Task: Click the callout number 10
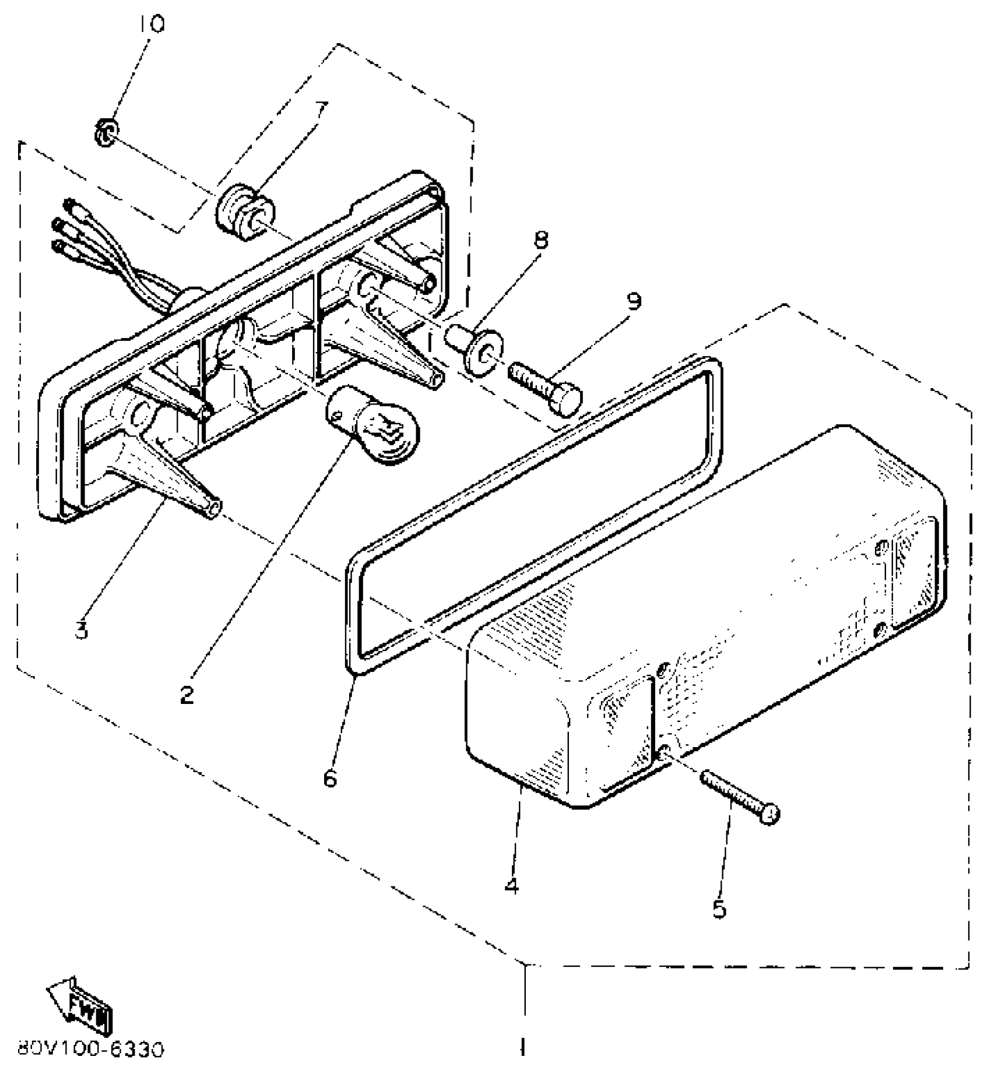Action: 152,24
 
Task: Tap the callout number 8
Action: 542,240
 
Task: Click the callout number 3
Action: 82,629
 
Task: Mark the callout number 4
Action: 511,886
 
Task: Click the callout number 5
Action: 719,909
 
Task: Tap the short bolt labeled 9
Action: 546,388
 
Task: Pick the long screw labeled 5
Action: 740,795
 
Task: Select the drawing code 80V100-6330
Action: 90,1050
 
